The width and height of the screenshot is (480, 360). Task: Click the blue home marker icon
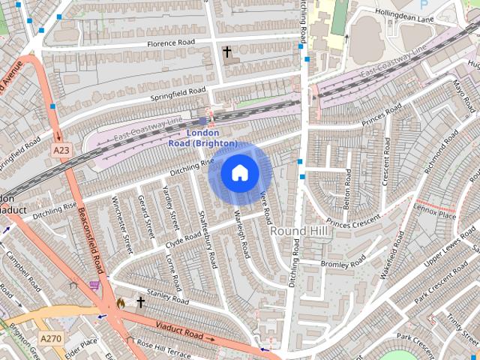tap(240, 172)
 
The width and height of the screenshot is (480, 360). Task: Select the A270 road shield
tap(51, 338)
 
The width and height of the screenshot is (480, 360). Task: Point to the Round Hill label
tap(300, 231)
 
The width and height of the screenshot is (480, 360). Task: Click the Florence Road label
tap(171, 43)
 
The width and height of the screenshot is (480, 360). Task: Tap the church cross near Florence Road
tap(226, 52)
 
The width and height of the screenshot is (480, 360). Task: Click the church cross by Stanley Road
tap(140, 302)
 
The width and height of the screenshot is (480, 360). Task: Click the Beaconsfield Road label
tap(91, 240)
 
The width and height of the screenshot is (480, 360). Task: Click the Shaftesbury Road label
tap(207, 238)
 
